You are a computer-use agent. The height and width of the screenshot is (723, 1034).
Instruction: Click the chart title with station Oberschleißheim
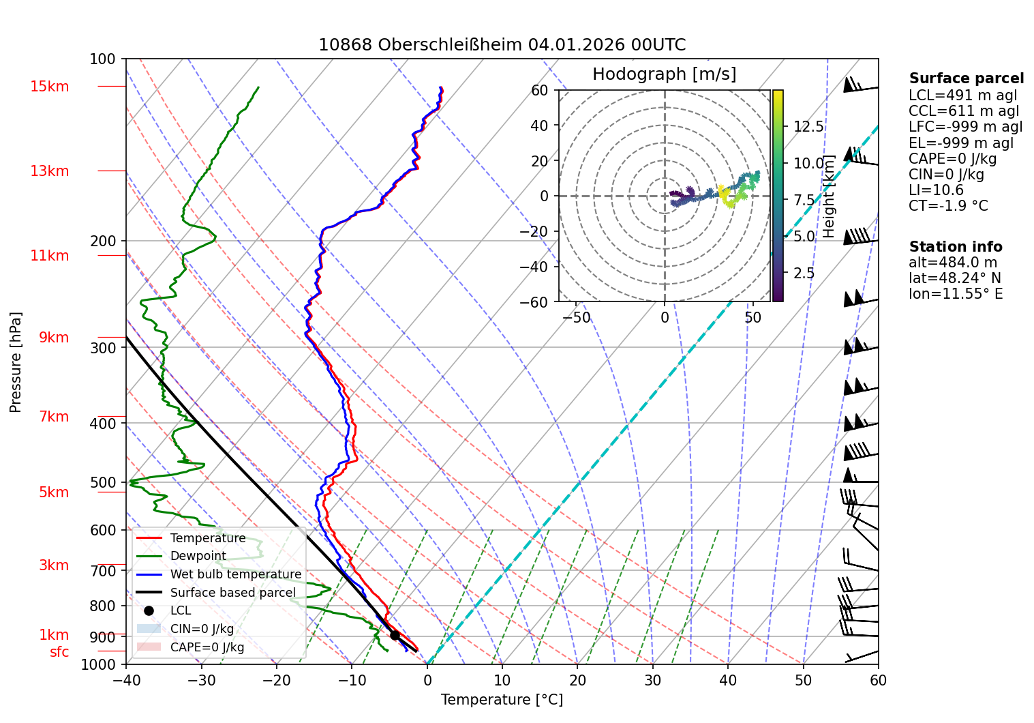(502, 45)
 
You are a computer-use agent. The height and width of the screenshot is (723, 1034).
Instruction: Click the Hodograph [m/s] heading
(664, 74)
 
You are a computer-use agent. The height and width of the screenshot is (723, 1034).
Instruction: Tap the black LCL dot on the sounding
(395, 635)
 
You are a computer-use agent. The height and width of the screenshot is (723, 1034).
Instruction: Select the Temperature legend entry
(207, 538)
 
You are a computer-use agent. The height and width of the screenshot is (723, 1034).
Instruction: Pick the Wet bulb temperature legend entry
(235, 574)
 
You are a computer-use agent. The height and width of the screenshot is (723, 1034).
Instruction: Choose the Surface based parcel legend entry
(232, 593)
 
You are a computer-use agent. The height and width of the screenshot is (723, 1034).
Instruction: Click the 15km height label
(49, 87)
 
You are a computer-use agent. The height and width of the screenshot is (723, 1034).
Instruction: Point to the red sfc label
(59, 652)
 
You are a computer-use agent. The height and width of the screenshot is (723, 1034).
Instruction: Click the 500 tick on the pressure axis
(104, 483)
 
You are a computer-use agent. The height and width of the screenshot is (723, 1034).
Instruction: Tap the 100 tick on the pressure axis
(103, 59)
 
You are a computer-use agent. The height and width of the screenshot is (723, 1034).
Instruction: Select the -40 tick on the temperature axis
(125, 680)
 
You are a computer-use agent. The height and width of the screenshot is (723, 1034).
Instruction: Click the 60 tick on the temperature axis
(878, 680)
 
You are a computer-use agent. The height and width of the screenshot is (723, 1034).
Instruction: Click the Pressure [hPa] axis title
(16, 362)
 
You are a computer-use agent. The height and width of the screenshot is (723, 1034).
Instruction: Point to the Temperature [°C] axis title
(502, 700)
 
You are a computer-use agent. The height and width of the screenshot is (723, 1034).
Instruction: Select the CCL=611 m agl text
(964, 111)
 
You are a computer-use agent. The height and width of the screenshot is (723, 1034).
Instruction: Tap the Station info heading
(956, 247)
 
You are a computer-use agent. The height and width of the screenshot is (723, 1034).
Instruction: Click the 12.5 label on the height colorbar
(808, 127)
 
